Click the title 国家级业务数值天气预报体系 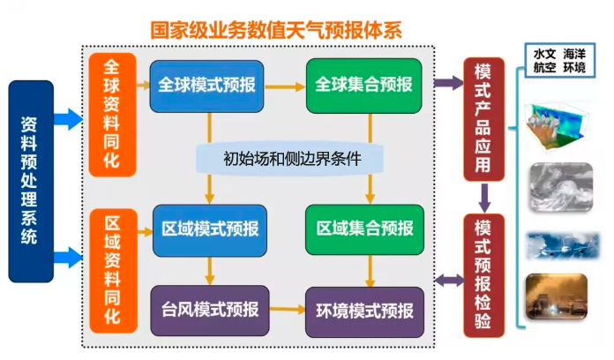point(276,29)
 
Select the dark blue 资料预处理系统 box point(31,181)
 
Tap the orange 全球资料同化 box point(112,113)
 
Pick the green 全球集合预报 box point(363,86)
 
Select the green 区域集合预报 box point(363,229)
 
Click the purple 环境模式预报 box point(363,310)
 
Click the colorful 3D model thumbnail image point(558,123)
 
